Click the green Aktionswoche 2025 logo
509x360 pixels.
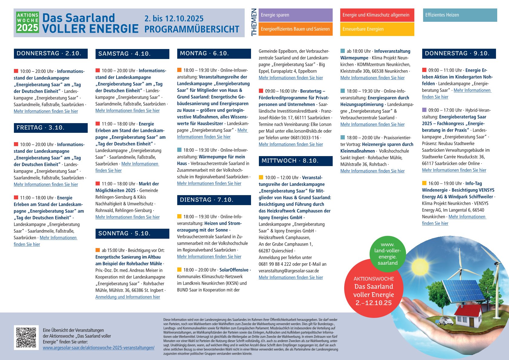click(x=28, y=23)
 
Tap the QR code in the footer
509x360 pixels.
click(x=26, y=337)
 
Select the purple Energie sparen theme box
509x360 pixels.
click(x=295, y=15)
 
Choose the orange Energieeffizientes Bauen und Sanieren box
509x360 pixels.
click(x=295, y=29)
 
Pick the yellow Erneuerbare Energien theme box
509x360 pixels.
click(x=377, y=29)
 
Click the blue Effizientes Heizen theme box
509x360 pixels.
click(x=460, y=15)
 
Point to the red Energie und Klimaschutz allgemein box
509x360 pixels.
click(x=377, y=15)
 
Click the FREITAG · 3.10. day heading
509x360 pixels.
click(x=51, y=128)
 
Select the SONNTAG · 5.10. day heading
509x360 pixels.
click(x=132, y=234)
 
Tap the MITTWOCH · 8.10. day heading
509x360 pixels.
click(x=295, y=161)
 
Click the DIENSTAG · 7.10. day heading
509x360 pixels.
click(x=214, y=200)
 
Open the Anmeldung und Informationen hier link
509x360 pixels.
click(x=128, y=297)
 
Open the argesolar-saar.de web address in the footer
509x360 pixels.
click(x=99, y=348)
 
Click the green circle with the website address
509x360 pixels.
click(x=387, y=254)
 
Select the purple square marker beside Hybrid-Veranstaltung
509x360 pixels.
click(x=424, y=110)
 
